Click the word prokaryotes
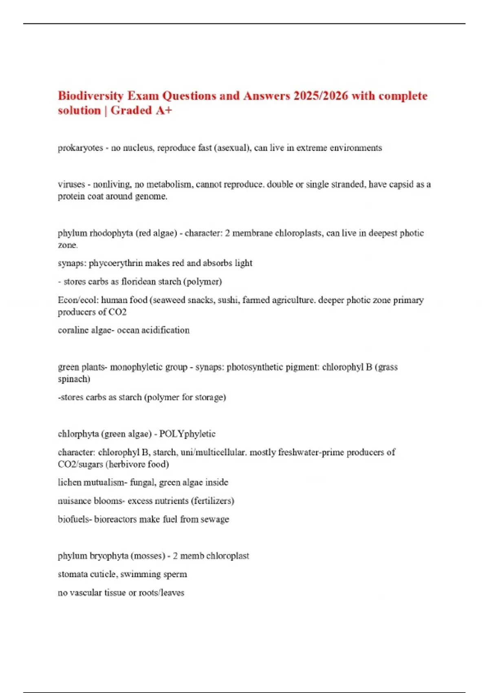point(80,148)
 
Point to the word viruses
point(71,184)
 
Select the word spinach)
point(74,379)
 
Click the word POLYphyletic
point(187,434)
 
